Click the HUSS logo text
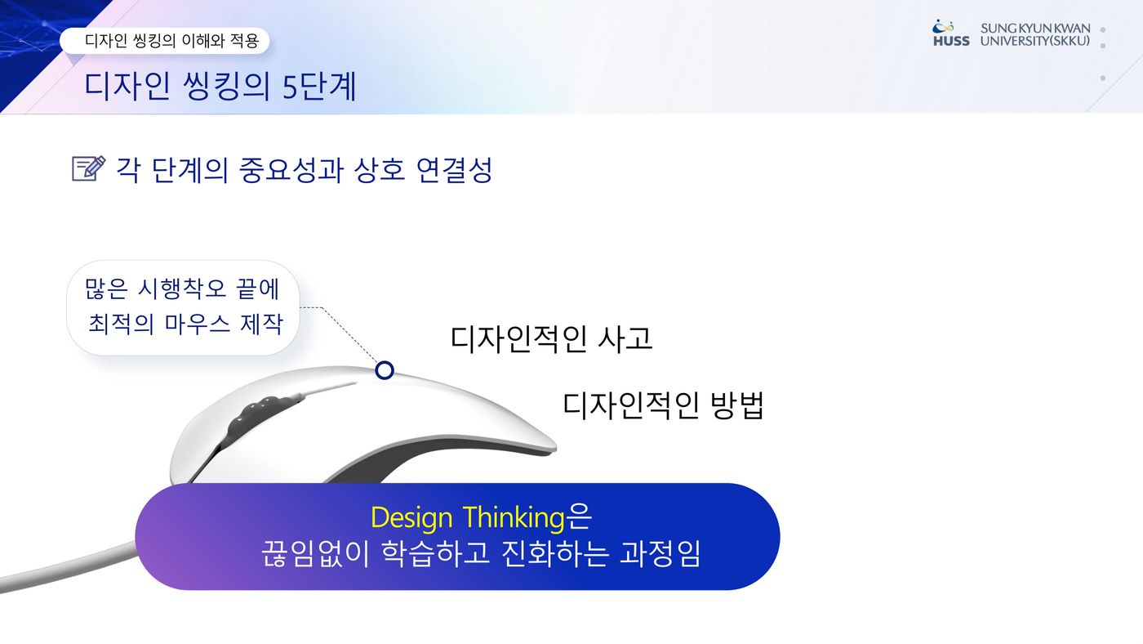951,41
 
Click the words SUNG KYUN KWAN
1035,28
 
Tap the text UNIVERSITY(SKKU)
1035,41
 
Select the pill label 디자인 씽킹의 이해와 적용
164,40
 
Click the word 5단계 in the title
319,86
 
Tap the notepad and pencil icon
89,168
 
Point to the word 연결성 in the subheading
454,169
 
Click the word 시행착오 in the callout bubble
182,288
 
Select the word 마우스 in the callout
198,324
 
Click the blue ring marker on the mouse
385,370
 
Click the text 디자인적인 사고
551,338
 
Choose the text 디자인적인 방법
663,405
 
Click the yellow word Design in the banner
411,517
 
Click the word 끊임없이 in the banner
315,553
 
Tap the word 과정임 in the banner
660,553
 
